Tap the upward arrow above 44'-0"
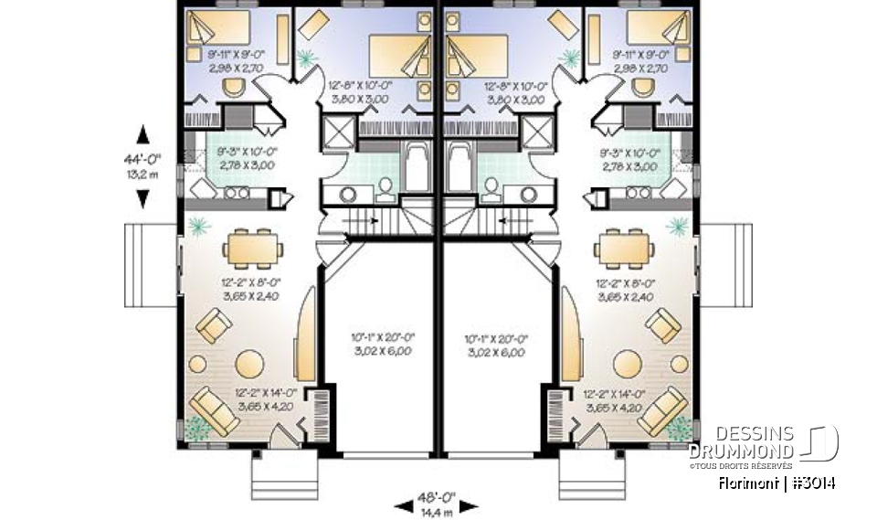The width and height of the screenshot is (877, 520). pyautogui.click(x=143, y=134)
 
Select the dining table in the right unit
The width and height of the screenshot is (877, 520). pyautogui.click(x=624, y=246)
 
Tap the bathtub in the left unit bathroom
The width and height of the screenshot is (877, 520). pyautogui.click(x=417, y=168)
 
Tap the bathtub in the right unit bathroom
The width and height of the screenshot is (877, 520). pyautogui.click(x=460, y=168)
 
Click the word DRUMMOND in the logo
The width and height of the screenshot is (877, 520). pyautogui.click(x=739, y=451)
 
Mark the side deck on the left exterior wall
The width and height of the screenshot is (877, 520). pyautogui.click(x=151, y=265)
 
